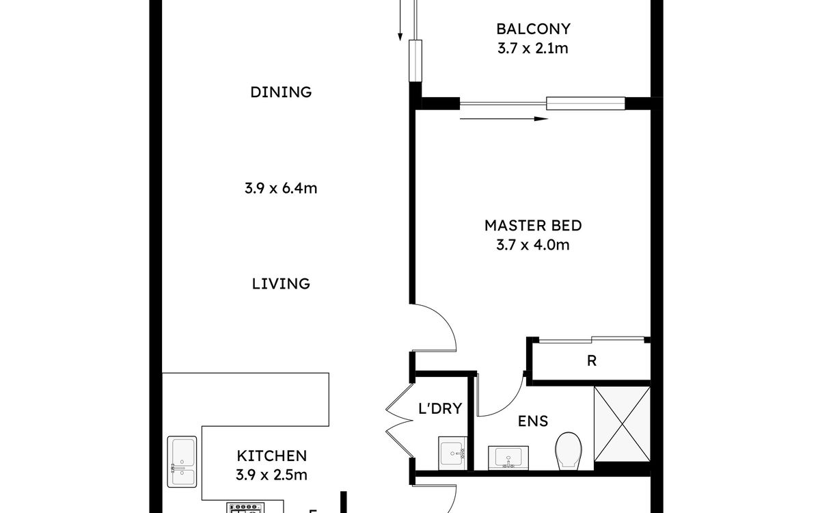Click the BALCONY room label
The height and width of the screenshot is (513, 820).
pyautogui.click(x=534, y=29)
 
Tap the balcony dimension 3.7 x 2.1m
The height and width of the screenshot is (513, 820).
pyautogui.click(x=532, y=49)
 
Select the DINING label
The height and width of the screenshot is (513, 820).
pyautogui.click(x=281, y=92)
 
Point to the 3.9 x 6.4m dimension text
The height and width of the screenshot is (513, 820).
pyautogui.click(x=281, y=188)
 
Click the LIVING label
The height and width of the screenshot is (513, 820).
pyautogui.click(x=281, y=284)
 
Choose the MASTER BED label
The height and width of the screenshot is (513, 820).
pyautogui.click(x=533, y=225)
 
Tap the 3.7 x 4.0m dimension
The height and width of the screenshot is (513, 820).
pyautogui.click(x=532, y=245)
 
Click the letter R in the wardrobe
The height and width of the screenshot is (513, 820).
pyautogui.click(x=592, y=361)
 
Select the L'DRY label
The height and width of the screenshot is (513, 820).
pyautogui.click(x=440, y=408)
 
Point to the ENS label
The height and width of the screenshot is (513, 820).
pyautogui.click(x=533, y=421)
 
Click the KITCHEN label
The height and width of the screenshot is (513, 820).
pyautogui.click(x=272, y=456)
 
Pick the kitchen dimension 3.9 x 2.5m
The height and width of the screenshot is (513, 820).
pyautogui.click(x=271, y=475)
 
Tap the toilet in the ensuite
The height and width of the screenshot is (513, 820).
pyautogui.click(x=569, y=451)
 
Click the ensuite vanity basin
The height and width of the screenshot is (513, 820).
pyautogui.click(x=508, y=458)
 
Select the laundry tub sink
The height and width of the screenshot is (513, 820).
pyautogui.click(x=452, y=453)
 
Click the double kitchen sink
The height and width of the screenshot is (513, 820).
pyautogui.click(x=182, y=462)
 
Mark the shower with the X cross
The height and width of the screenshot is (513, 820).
pyautogui.click(x=622, y=424)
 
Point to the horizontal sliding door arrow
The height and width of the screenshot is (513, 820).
pyautogui.click(x=504, y=119)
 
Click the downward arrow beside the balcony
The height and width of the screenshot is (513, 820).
pyautogui.click(x=400, y=20)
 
